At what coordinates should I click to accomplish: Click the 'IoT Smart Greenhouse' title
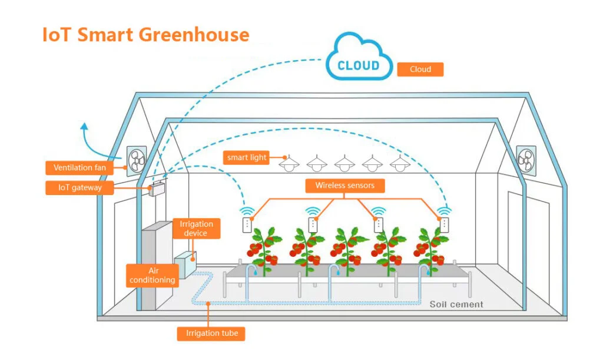click(145, 34)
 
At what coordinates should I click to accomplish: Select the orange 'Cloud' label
click(420, 70)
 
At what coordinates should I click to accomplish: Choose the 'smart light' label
click(247, 157)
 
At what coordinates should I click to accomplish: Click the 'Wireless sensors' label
click(344, 186)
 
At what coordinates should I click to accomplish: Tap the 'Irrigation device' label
click(196, 229)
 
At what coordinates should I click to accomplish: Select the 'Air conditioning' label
click(153, 275)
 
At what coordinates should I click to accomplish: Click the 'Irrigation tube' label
click(211, 333)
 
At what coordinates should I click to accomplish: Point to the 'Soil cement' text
click(456, 305)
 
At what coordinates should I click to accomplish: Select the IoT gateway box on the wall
click(157, 189)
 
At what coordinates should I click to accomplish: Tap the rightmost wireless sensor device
click(444, 224)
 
